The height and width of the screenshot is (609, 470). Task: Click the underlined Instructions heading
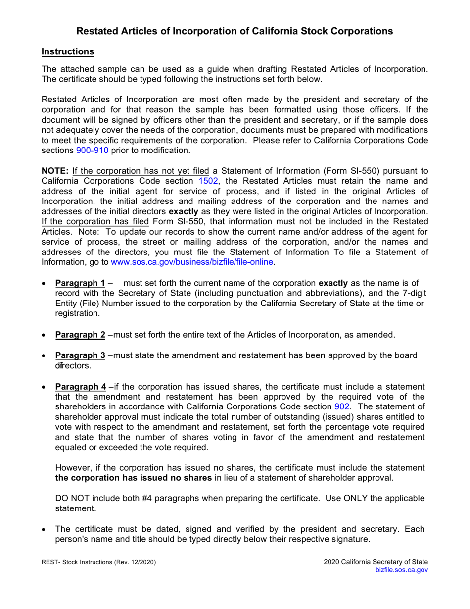[x=67, y=51]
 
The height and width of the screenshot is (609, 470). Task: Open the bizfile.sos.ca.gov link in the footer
[x=402, y=570]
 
